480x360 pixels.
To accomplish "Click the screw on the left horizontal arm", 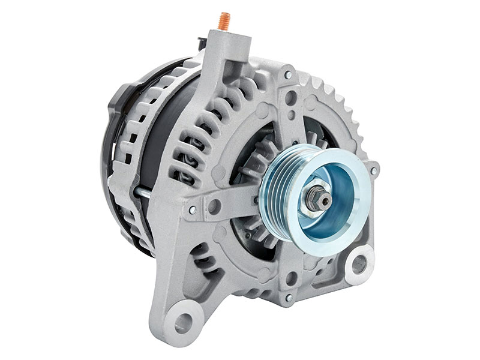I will [192, 209].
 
